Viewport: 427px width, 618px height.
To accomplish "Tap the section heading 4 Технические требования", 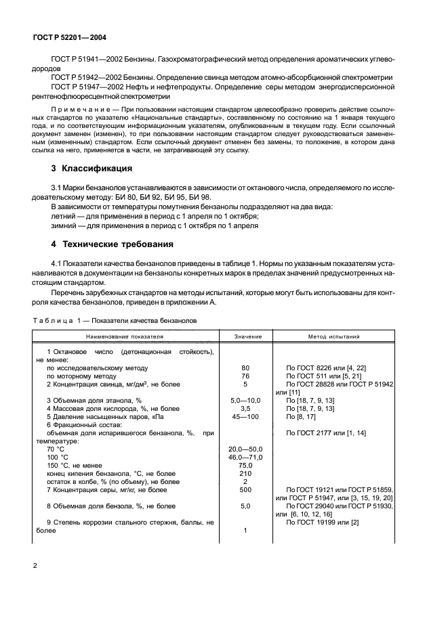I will coord(108,244).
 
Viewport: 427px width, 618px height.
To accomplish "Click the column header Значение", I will coord(245,336).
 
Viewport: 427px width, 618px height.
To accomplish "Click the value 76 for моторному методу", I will coord(245,376).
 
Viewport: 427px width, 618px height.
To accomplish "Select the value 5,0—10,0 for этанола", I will coord(245,401).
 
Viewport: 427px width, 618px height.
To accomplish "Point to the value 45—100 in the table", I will coord(245,417).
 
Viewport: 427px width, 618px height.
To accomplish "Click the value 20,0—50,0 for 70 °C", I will coord(245,449).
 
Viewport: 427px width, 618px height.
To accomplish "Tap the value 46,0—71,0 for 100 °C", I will coord(245,458).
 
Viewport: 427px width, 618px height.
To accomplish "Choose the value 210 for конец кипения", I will coord(245,474).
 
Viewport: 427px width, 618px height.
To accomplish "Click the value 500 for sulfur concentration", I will coord(245,489).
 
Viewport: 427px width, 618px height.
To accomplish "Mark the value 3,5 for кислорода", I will coord(245,409).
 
